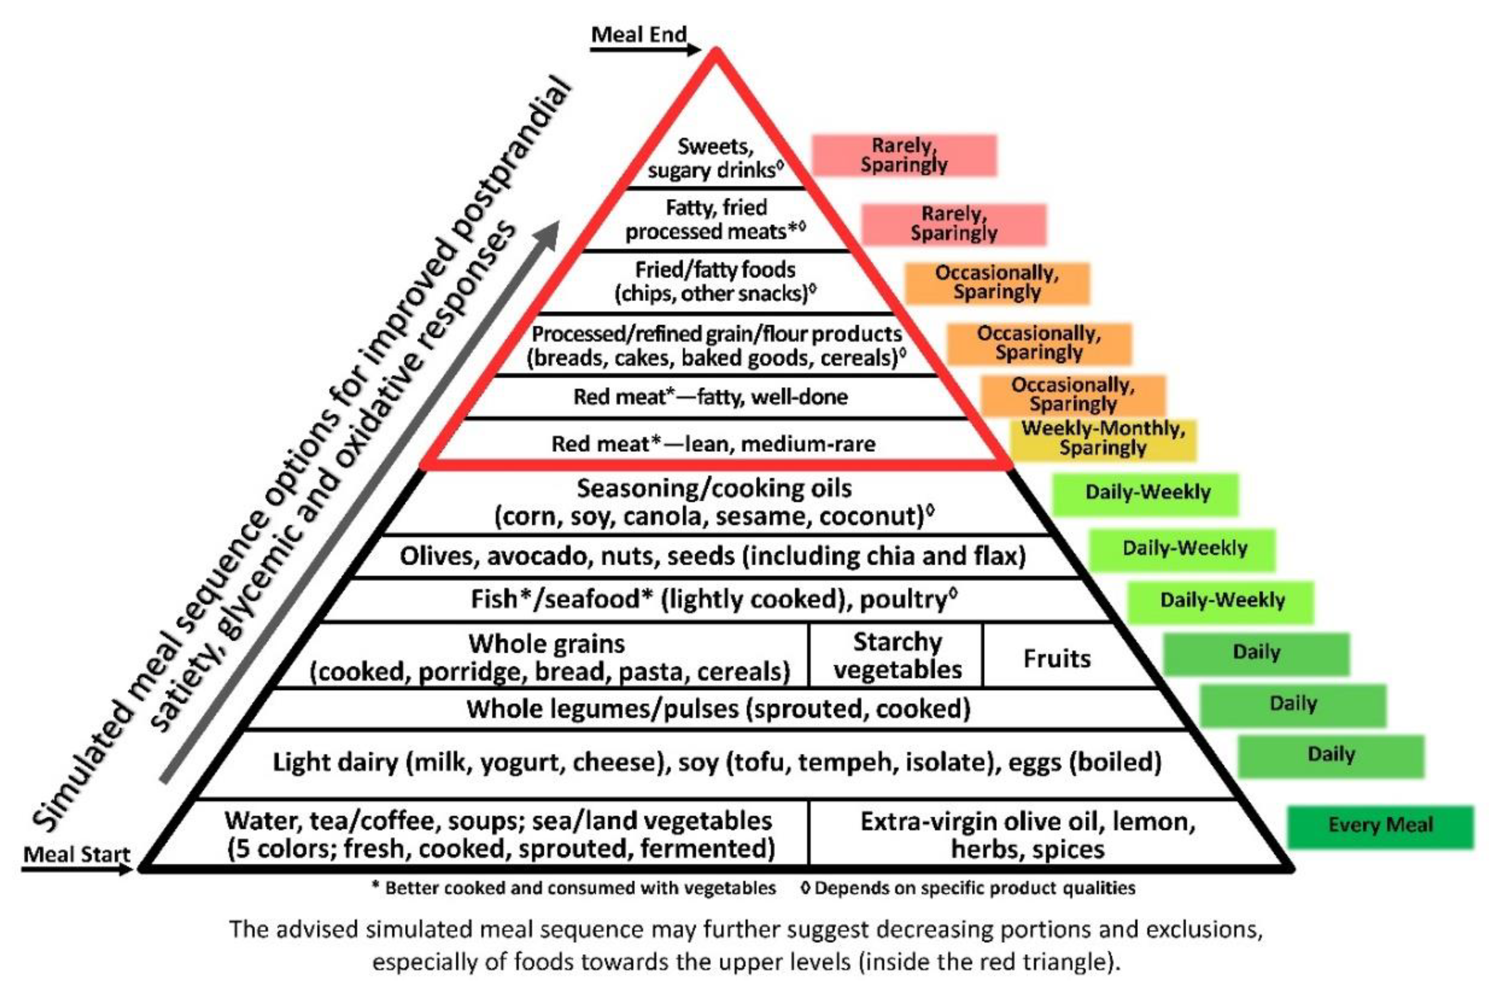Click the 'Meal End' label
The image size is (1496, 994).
coord(639,34)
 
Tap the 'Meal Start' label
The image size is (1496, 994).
coord(76,854)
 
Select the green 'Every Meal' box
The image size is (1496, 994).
coord(1380,825)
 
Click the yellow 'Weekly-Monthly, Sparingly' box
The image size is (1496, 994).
coord(1103,438)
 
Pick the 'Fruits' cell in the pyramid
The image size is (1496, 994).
coord(1057,658)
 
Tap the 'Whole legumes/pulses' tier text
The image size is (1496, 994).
coord(718,709)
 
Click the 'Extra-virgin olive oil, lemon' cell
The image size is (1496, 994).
coord(1027,834)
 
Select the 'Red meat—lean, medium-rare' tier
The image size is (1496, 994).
coord(713,444)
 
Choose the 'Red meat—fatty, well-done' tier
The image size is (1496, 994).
coord(710,397)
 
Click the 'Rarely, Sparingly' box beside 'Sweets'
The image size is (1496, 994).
coord(904,155)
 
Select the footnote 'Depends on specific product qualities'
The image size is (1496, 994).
coord(968,888)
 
